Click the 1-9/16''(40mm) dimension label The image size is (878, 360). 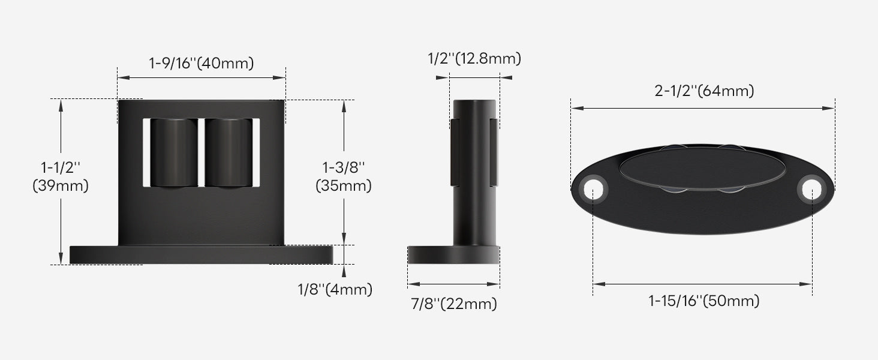click(201, 63)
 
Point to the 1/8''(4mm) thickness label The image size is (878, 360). click(335, 290)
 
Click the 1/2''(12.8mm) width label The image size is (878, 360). click(474, 59)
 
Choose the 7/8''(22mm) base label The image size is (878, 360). click(454, 304)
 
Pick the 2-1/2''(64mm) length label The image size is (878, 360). click(703, 91)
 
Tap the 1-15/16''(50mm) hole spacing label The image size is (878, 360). click(703, 301)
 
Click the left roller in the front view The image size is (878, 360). click(173, 153)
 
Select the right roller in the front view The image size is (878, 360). click(228, 153)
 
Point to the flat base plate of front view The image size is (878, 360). click(201, 254)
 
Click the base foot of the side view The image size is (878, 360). click(454, 254)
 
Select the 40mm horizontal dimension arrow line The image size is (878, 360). click(201, 77)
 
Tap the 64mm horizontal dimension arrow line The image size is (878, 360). click(702, 108)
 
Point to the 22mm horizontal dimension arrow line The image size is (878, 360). click(454, 284)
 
